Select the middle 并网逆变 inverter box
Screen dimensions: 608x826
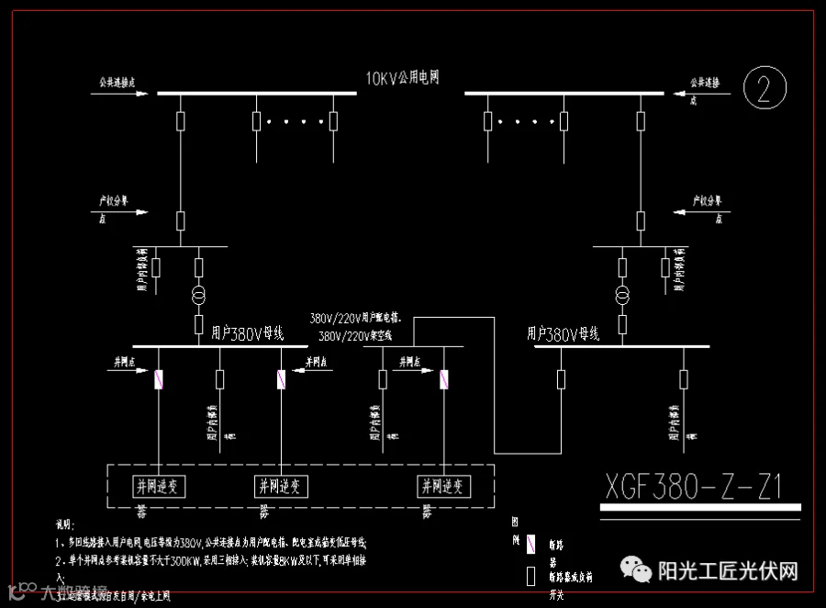(x=280, y=486)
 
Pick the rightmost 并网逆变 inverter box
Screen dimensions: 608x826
(x=444, y=486)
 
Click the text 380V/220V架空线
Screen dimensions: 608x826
(x=355, y=336)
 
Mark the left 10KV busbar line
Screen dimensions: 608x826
(x=257, y=93)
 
